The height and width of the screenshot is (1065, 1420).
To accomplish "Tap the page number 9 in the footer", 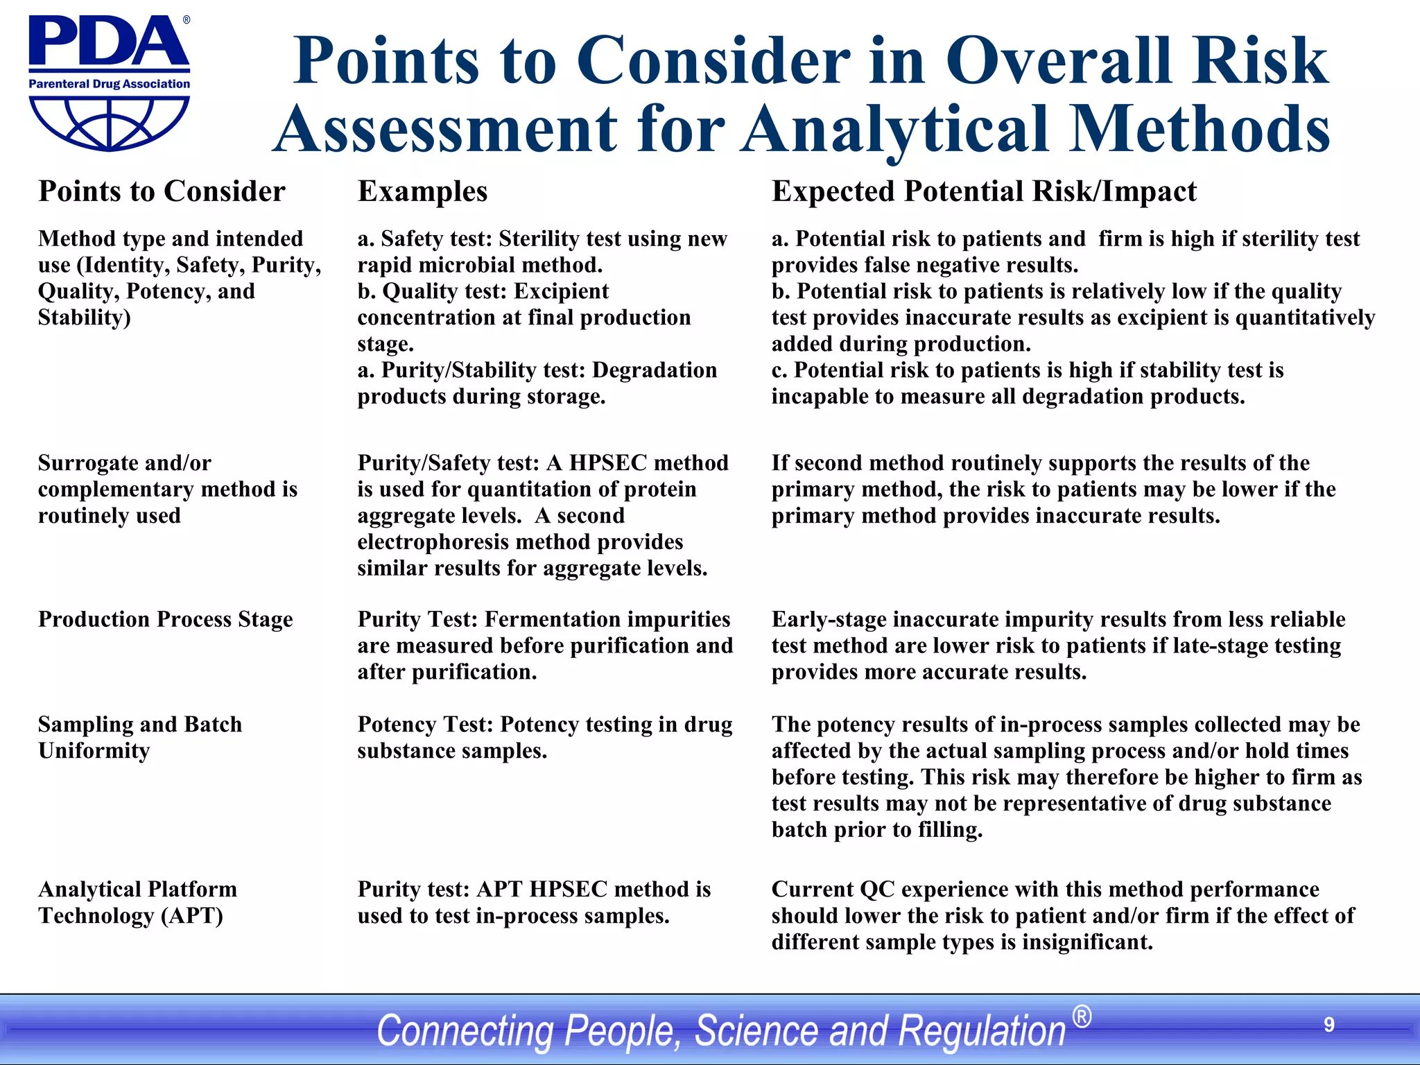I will pos(1328,1025).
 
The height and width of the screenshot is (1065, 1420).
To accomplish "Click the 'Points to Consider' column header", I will pos(162,191).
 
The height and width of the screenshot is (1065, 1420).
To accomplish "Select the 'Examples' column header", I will pos(422,191).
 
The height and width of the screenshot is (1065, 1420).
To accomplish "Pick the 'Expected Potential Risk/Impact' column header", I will pos(984,191).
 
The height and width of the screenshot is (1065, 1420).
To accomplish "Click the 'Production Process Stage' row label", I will pos(165,619).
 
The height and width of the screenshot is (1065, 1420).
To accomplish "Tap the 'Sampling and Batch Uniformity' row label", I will pos(139,737).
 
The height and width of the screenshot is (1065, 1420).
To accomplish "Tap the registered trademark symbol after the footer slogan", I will pos(1082,1017).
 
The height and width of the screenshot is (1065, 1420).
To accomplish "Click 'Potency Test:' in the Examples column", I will pos(425,725).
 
